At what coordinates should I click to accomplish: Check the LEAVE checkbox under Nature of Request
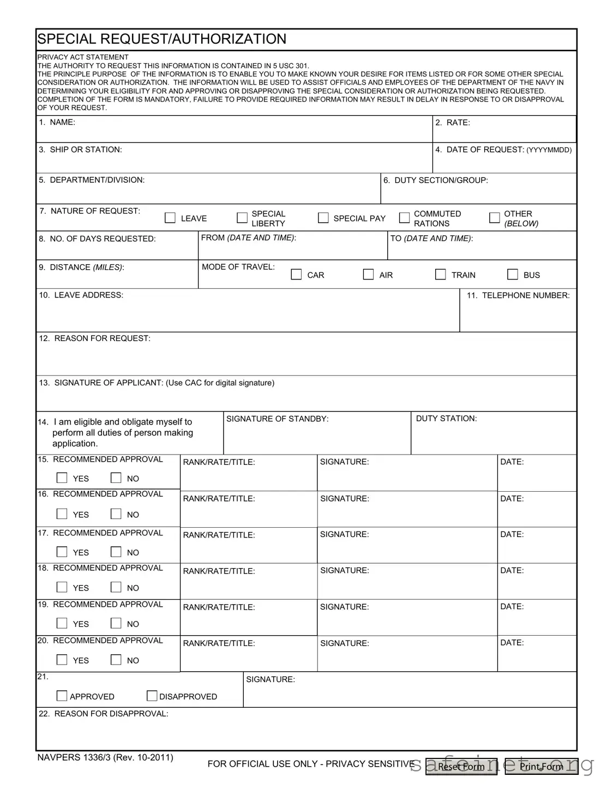[x=170, y=218]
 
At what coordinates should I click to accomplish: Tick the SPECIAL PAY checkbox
[x=323, y=218]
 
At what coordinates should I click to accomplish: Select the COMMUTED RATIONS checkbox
[x=404, y=218]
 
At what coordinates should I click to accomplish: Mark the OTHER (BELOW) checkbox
[x=494, y=218]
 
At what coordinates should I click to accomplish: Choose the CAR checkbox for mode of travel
[x=296, y=274]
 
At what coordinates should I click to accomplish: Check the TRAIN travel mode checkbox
[x=441, y=274]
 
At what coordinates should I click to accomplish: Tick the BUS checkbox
[x=513, y=274]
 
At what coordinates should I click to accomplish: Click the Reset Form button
[x=461, y=767]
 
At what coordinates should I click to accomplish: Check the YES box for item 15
[x=62, y=478]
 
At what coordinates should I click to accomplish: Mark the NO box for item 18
[x=116, y=587]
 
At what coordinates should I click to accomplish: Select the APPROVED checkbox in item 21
[x=62, y=696]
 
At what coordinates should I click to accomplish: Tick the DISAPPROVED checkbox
[x=152, y=696]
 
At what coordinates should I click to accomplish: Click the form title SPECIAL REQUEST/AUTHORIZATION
[x=162, y=39]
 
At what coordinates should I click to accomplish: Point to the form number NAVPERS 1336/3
[x=105, y=757]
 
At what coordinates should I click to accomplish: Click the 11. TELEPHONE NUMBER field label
[x=518, y=295]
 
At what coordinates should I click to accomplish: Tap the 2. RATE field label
[x=452, y=123]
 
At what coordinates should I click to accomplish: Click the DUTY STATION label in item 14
[x=446, y=419]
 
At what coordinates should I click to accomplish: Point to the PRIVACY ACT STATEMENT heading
[x=83, y=57]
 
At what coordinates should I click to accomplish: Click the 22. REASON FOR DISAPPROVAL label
[x=103, y=714]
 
